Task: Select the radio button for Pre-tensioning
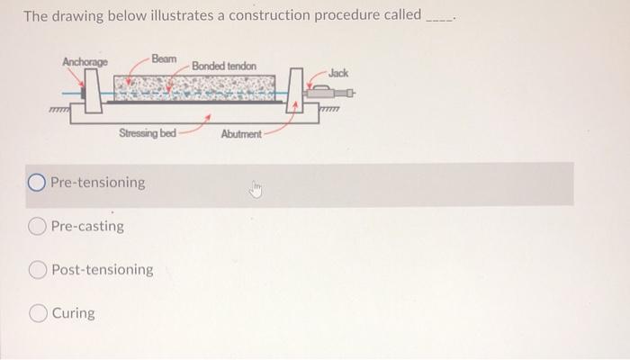click(37, 183)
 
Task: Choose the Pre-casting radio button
click(38, 226)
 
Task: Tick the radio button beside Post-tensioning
click(38, 269)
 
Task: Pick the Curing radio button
click(38, 313)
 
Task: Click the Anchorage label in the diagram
click(85, 61)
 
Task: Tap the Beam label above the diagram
click(165, 58)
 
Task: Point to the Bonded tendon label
click(223, 67)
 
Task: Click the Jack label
click(339, 71)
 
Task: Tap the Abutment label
click(240, 134)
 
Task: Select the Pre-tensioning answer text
click(97, 183)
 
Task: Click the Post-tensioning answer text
click(103, 269)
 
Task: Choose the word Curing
click(74, 313)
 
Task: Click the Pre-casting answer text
click(88, 226)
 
